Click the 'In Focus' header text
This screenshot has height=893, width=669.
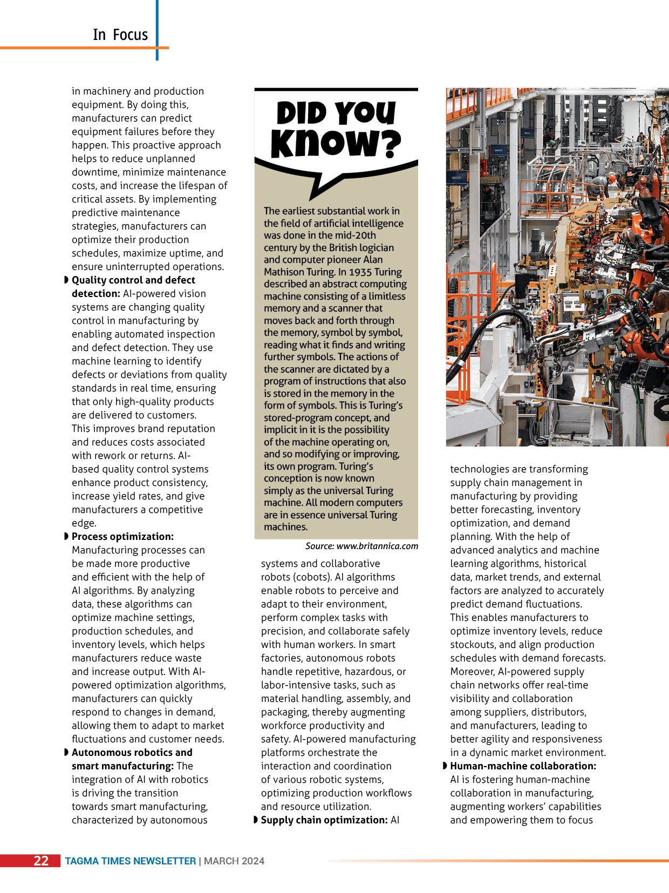[x=120, y=35]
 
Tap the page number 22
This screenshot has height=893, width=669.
[x=41, y=861]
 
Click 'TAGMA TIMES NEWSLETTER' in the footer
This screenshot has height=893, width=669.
[x=130, y=861]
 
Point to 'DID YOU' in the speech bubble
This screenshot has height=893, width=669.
[x=336, y=112]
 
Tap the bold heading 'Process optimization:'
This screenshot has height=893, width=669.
[x=122, y=537]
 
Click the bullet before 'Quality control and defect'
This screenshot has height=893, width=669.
[x=66, y=280]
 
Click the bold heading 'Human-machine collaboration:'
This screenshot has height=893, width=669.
[x=523, y=766]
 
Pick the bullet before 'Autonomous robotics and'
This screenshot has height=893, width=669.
[x=66, y=752]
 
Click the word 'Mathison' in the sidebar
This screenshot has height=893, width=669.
[x=286, y=272]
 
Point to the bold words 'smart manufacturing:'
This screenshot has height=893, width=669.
[x=122, y=766]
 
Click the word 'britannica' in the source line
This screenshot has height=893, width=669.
[x=378, y=546]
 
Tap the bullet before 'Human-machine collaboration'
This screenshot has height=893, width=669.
[x=445, y=766]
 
